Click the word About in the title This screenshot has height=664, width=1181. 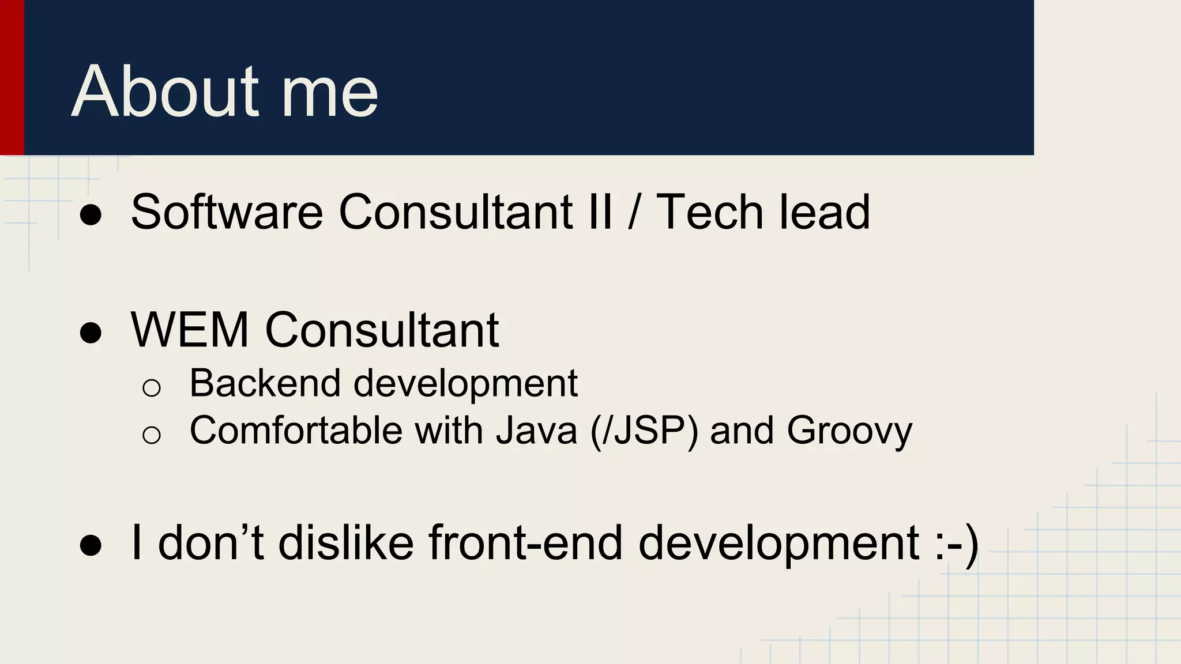click(x=165, y=92)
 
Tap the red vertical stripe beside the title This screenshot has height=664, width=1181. click(x=12, y=78)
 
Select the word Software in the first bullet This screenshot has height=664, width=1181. click(x=227, y=212)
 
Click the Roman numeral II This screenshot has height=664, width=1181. click(x=600, y=212)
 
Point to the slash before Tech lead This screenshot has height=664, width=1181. click(x=634, y=212)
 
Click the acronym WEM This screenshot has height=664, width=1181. click(x=190, y=330)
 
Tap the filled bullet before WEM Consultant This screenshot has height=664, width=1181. click(x=91, y=333)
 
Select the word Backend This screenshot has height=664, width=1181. click(x=265, y=383)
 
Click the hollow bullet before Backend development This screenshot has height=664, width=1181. click(x=151, y=387)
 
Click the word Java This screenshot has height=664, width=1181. click(x=537, y=431)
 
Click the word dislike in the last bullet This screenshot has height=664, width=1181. click(x=346, y=542)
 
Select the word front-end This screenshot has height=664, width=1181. click(x=525, y=542)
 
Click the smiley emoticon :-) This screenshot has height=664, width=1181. click(x=957, y=544)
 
